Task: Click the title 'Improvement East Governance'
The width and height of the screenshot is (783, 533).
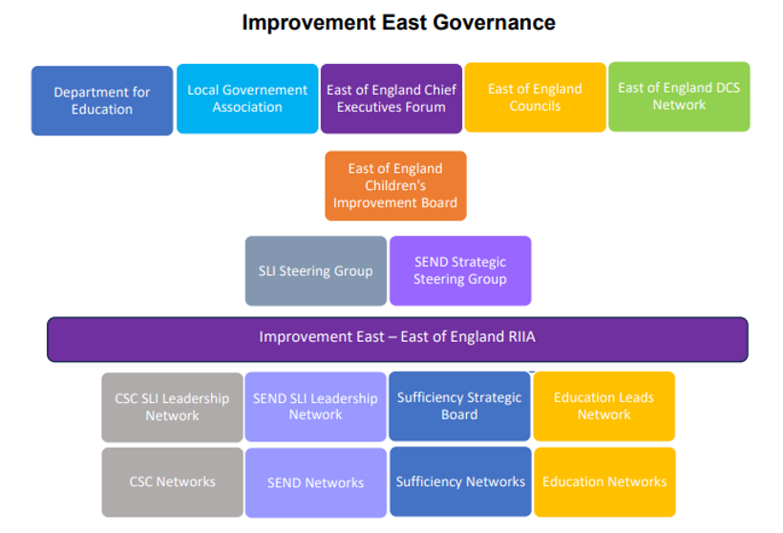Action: click(398, 23)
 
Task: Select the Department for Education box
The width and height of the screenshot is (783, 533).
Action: click(102, 100)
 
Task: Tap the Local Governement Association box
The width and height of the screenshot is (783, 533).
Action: click(247, 98)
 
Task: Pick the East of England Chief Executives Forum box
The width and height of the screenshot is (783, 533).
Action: click(391, 98)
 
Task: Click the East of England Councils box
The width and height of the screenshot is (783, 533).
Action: click(535, 97)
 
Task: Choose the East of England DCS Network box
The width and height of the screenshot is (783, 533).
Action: click(679, 96)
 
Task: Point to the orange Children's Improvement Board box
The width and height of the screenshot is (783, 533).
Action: click(395, 186)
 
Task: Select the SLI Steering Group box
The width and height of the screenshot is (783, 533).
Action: click(316, 270)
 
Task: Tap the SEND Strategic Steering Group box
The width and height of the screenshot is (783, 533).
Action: click(460, 270)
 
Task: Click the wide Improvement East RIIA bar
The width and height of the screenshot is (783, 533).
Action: click(397, 339)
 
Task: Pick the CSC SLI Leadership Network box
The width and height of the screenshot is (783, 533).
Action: click(172, 407)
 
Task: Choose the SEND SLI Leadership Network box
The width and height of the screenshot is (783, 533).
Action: click(316, 407)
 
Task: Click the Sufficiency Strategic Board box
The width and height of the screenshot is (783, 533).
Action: click(459, 406)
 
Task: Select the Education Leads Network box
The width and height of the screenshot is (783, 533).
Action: click(603, 406)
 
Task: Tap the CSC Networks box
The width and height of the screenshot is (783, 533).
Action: click(172, 482)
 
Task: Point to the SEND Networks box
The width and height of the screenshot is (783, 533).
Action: click(316, 482)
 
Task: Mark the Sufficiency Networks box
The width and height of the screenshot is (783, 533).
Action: click(460, 481)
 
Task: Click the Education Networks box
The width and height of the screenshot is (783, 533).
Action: click(604, 482)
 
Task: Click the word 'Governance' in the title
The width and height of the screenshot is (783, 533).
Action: click(494, 23)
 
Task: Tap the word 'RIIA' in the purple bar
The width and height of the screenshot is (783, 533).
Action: click(521, 336)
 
